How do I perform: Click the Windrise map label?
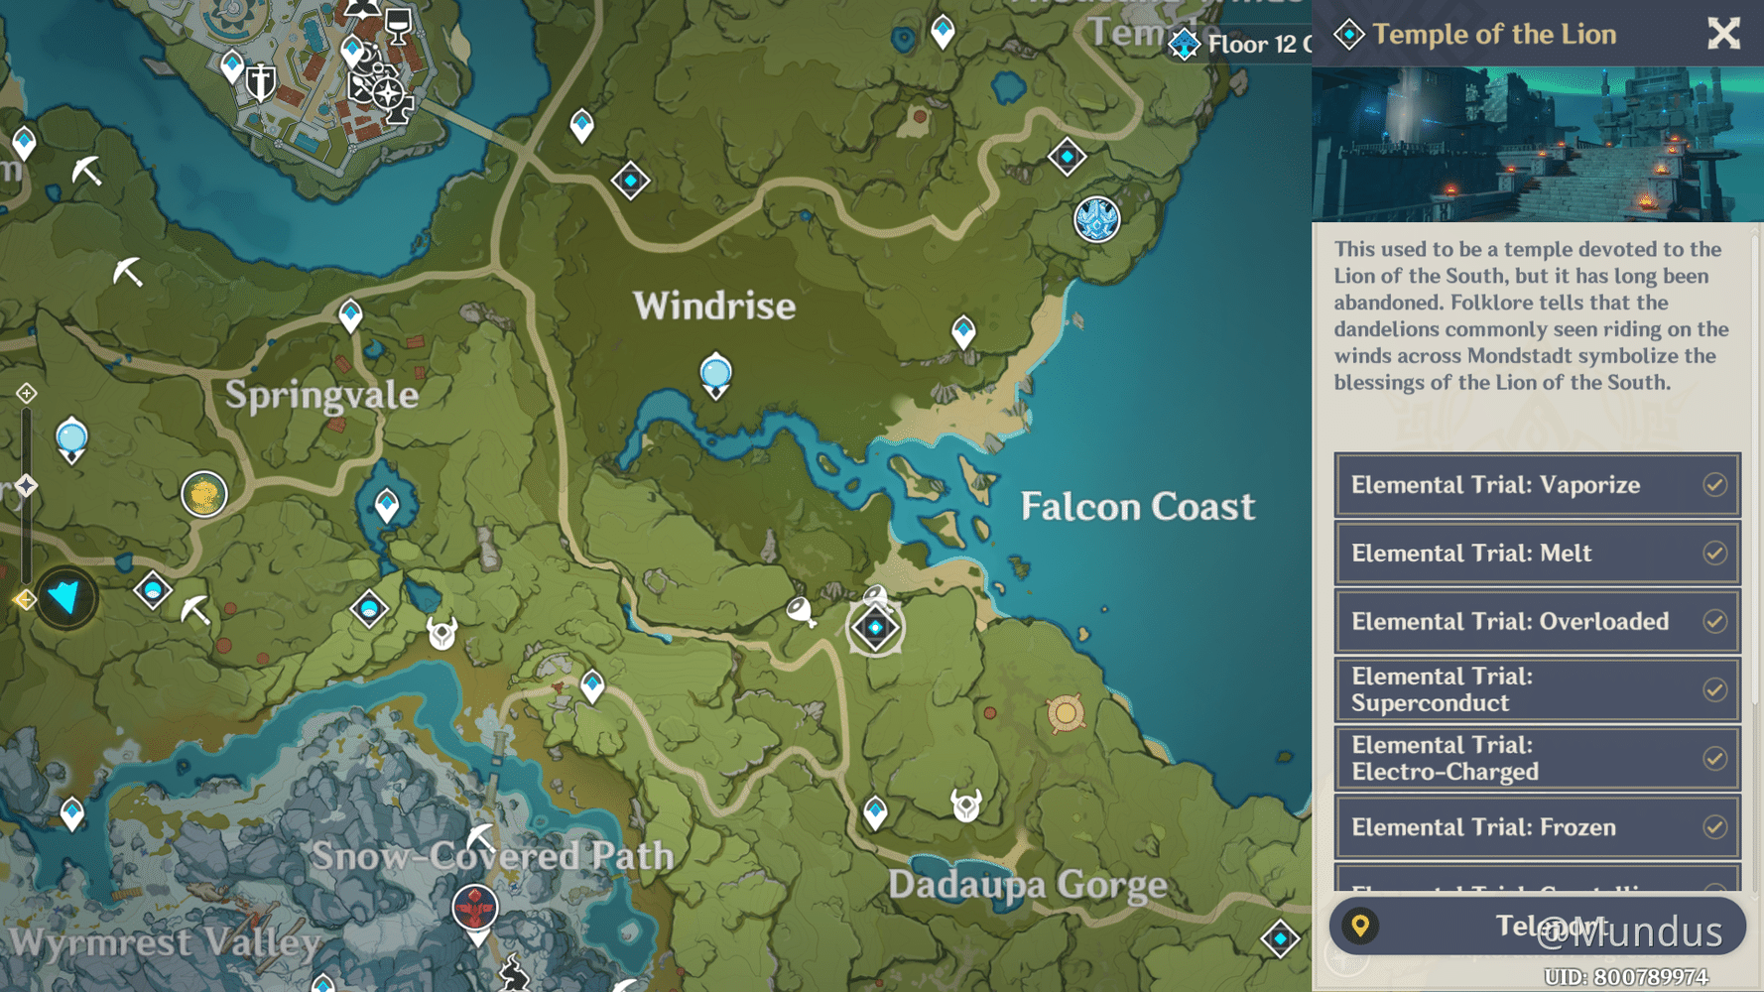(x=714, y=307)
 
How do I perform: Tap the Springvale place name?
(x=321, y=395)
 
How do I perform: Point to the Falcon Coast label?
(x=1137, y=507)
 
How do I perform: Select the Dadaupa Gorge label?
(x=1027, y=884)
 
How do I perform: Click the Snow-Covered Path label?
(x=493, y=855)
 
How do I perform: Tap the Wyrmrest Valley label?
(x=166, y=941)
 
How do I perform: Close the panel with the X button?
(x=1723, y=34)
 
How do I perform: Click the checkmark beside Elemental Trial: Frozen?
(x=1714, y=827)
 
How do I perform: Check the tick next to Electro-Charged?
(x=1714, y=759)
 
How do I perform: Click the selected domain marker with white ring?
(x=875, y=628)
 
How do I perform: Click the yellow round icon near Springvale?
(x=204, y=494)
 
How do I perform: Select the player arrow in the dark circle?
(x=66, y=598)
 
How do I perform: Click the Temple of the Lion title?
(x=1494, y=35)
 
